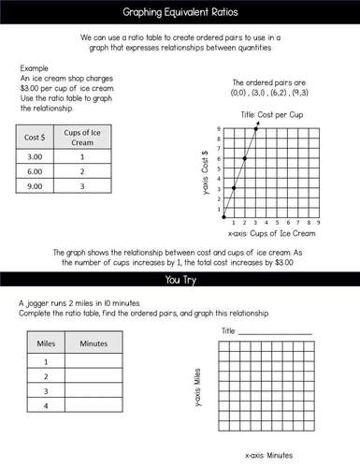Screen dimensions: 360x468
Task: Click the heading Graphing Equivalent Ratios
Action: point(180,12)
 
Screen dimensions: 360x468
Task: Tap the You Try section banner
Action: point(180,278)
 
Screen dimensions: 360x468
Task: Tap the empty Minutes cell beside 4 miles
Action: point(94,405)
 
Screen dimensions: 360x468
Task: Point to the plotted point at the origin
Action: point(223,216)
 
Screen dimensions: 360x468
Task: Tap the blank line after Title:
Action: point(277,332)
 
